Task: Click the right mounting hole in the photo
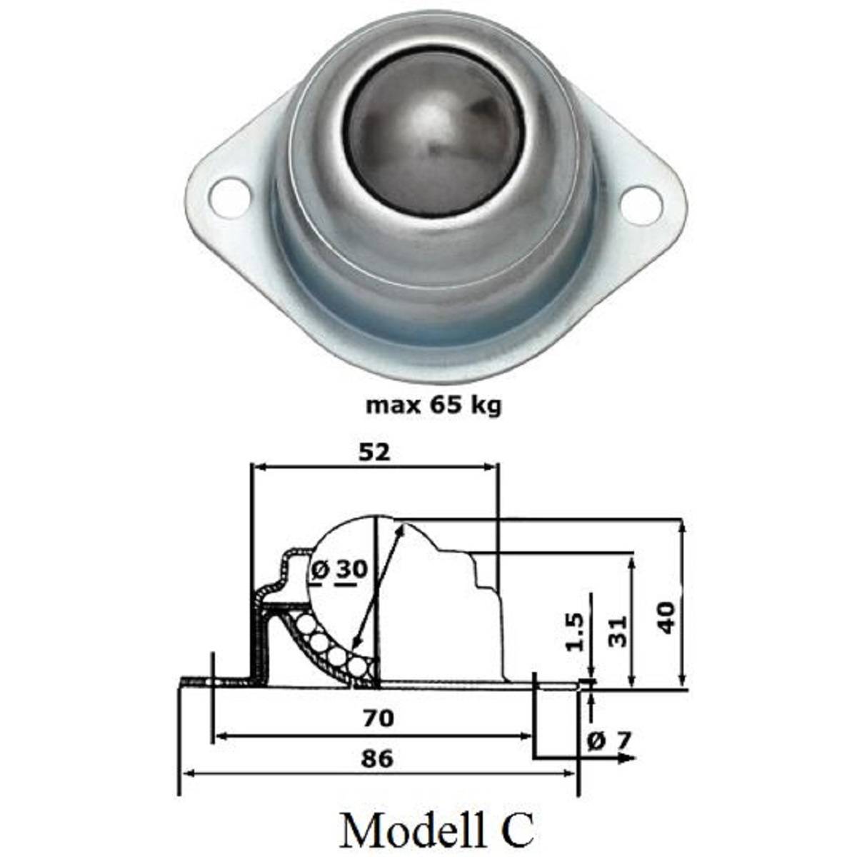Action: click(x=638, y=202)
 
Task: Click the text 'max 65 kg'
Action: click(x=433, y=406)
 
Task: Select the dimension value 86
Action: click(x=376, y=758)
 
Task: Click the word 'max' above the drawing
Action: click(x=391, y=406)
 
